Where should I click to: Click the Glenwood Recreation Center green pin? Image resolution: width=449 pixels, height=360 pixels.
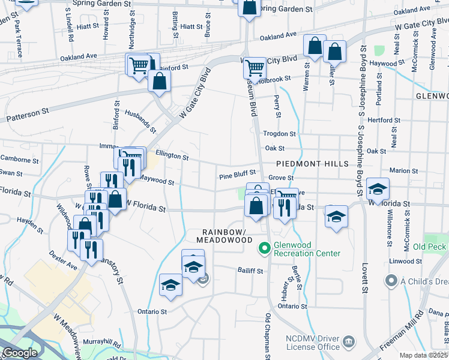click(264, 247)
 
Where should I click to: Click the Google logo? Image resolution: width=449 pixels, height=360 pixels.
click(20, 353)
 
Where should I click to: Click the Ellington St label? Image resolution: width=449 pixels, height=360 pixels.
click(172, 156)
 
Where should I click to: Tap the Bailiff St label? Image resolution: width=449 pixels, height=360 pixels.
click(250, 271)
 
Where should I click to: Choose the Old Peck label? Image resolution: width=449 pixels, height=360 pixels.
click(430, 247)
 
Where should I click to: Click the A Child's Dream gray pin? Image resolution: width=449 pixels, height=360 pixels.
click(391, 280)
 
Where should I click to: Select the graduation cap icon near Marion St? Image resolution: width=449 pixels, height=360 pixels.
click(378, 189)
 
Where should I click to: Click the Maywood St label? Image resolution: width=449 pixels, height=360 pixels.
click(156, 179)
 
